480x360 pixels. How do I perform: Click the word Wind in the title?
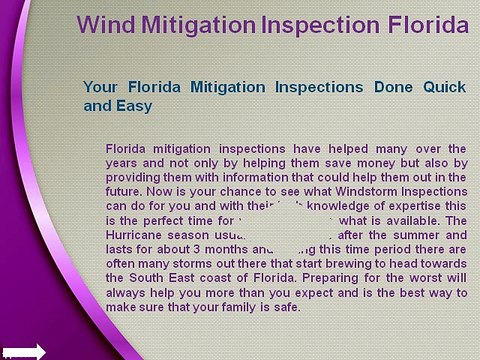[108, 23]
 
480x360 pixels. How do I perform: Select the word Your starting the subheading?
[102, 85]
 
